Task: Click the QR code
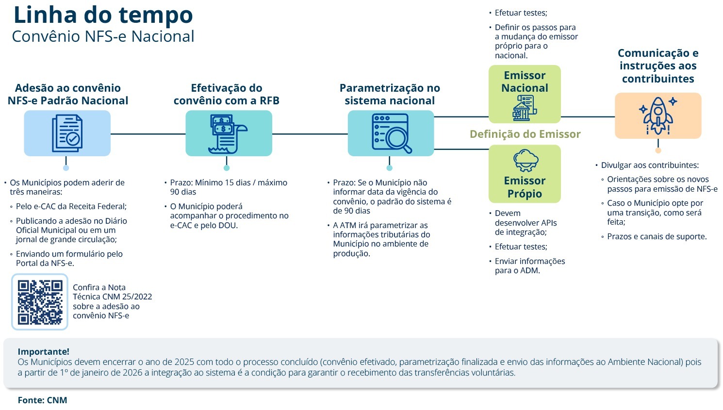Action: coord(40,302)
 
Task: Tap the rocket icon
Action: coord(658,115)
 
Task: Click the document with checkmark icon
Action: coord(67,133)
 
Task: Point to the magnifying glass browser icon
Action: coord(391,133)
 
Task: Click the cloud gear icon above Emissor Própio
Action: coord(526,160)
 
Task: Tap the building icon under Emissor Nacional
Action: coord(525,108)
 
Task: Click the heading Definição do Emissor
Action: coord(525,134)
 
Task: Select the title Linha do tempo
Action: coord(103,15)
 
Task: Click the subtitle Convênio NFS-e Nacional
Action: coord(103,36)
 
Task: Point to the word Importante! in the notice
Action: coord(44,351)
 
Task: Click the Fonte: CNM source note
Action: coord(43,400)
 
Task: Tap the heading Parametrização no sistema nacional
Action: coord(390,94)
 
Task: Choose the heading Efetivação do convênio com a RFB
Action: coord(227,94)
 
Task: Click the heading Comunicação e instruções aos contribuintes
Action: coord(658,66)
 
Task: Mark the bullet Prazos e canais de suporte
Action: coord(657,237)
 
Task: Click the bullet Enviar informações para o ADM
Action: coord(529,265)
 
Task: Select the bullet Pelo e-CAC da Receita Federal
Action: coord(71,206)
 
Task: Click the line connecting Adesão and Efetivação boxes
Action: coord(148,133)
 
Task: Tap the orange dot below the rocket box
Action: coord(658,150)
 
